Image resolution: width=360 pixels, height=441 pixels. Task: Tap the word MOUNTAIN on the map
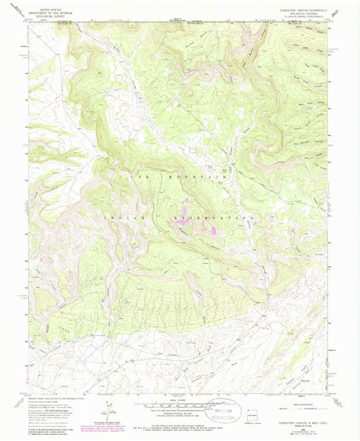click(196, 176)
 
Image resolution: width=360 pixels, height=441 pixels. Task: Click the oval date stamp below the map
click(224, 409)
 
